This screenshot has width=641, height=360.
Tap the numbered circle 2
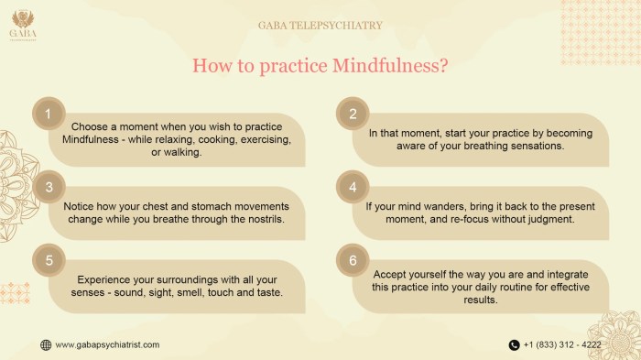(x=352, y=115)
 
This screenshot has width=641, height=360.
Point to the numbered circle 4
(x=352, y=187)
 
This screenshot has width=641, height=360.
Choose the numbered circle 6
(x=352, y=260)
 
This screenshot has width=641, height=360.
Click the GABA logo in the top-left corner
(x=24, y=24)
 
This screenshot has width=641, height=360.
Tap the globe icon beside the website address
(x=46, y=344)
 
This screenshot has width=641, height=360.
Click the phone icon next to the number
(x=514, y=344)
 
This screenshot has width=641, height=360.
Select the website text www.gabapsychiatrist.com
(x=107, y=344)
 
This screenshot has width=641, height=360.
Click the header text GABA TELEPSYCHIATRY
(x=320, y=26)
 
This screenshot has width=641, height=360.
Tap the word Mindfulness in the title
(x=395, y=65)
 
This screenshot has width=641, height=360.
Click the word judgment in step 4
(x=547, y=220)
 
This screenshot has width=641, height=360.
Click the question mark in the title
(x=442, y=65)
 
